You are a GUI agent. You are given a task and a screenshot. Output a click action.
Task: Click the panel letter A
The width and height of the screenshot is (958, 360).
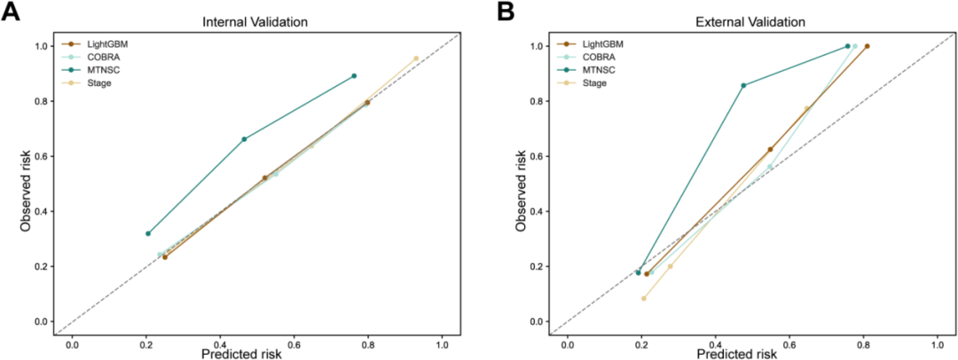click(x=13, y=11)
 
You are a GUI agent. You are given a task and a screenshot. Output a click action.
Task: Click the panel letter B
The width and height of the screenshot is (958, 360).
click(x=506, y=11)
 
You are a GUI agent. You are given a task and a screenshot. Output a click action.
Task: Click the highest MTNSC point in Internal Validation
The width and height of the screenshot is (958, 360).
click(x=354, y=75)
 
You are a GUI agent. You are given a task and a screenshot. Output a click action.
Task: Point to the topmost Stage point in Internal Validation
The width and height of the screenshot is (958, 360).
click(x=416, y=59)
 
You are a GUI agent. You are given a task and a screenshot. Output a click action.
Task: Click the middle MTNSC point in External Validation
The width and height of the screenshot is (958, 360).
click(x=743, y=86)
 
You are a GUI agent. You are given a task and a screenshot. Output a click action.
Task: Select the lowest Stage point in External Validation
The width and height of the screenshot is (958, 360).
click(x=643, y=298)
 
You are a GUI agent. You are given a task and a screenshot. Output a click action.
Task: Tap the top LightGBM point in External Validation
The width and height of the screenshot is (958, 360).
click(x=867, y=46)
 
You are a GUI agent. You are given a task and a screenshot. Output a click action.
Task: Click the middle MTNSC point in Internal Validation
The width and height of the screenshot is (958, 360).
click(x=245, y=139)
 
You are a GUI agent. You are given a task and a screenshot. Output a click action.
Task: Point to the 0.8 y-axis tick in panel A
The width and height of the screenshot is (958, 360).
click(x=44, y=101)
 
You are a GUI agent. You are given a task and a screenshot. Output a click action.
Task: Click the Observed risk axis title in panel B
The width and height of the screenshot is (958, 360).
click(x=522, y=184)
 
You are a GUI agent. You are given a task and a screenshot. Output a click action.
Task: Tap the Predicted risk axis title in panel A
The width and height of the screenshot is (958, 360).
click(x=256, y=353)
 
